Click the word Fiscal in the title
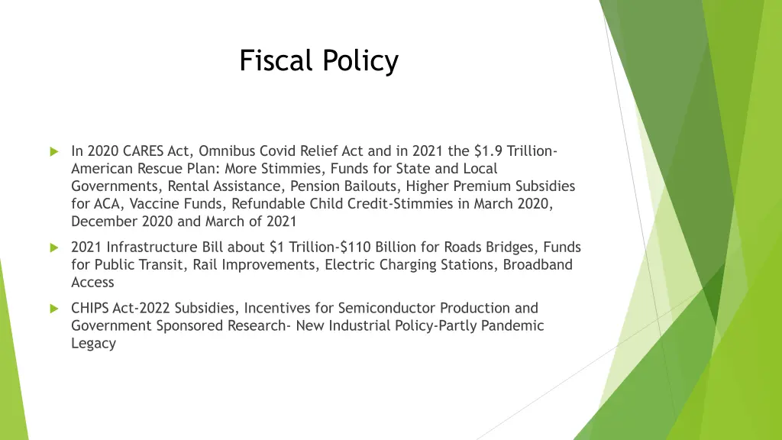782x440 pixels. point(270,60)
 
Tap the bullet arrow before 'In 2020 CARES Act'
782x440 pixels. point(53,151)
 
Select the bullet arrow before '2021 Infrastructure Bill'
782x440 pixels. point(53,247)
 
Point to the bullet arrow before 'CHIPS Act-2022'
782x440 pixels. point(53,309)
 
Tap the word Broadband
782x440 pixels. point(537,264)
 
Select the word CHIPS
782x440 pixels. point(90,308)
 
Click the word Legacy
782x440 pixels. point(93,343)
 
